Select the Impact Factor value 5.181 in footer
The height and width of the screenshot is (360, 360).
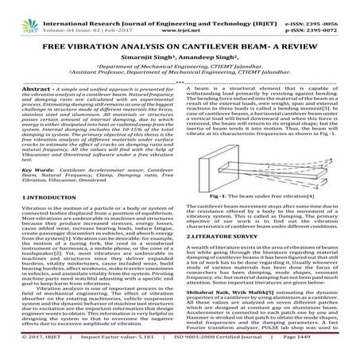click(x=134, y=350)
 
